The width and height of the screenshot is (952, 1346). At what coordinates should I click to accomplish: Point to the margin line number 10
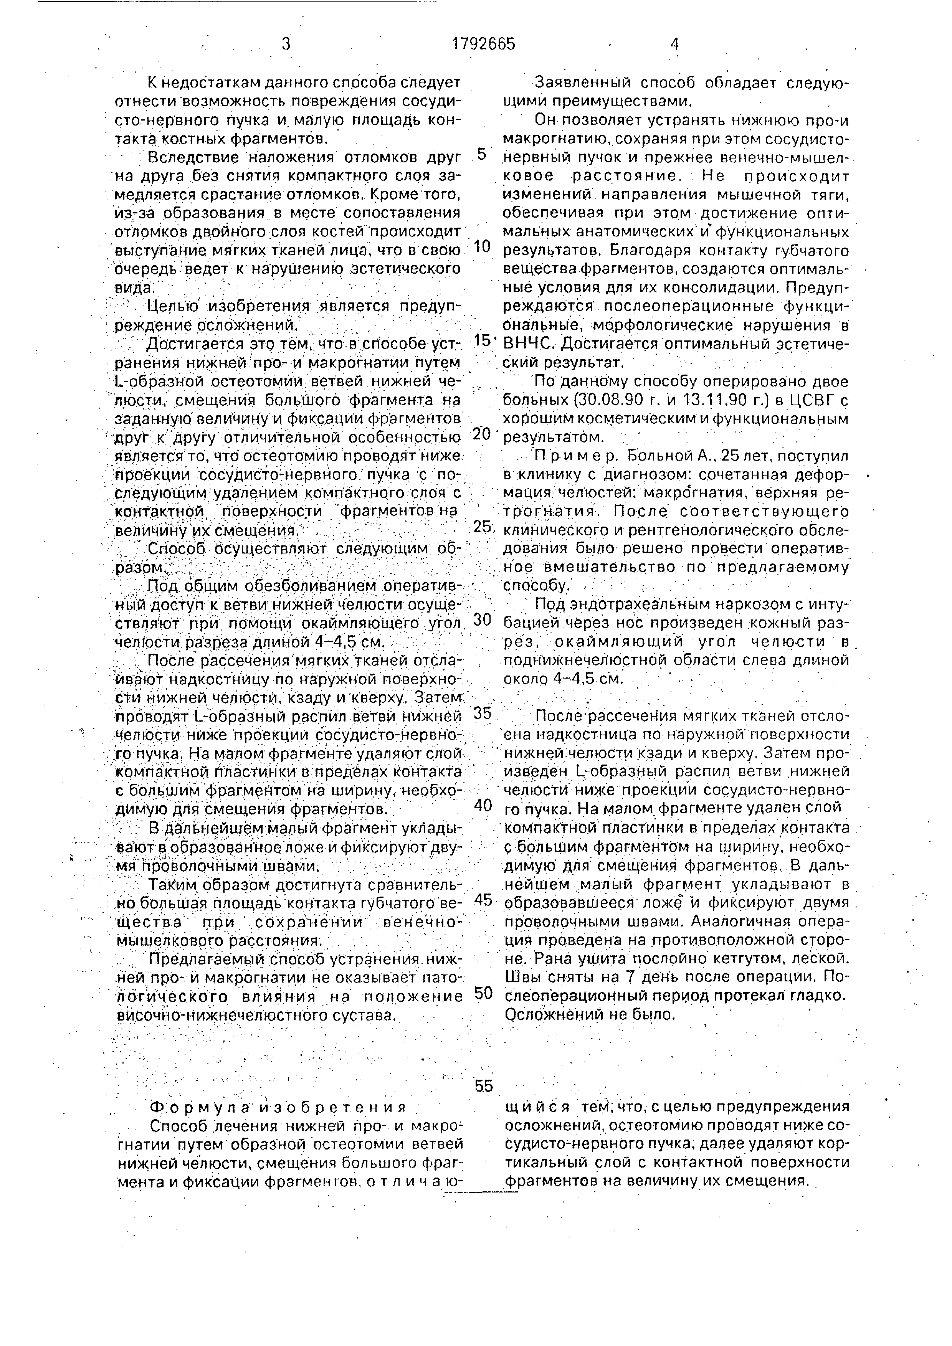(482, 246)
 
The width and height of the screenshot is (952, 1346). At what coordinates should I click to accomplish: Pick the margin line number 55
(484, 1086)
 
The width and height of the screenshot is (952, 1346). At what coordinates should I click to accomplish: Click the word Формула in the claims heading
(197, 1107)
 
